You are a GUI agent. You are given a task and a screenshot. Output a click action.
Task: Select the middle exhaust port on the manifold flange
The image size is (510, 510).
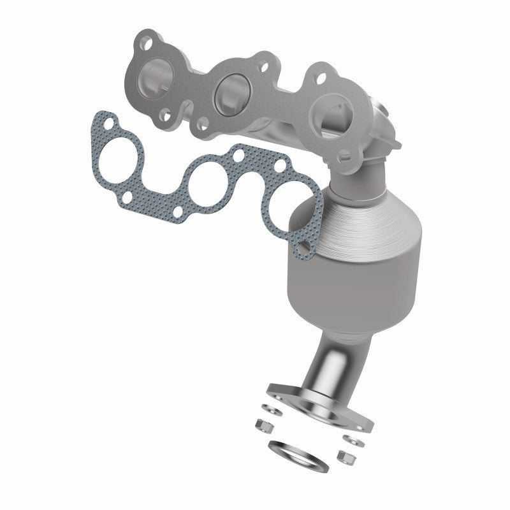click(228, 91)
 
